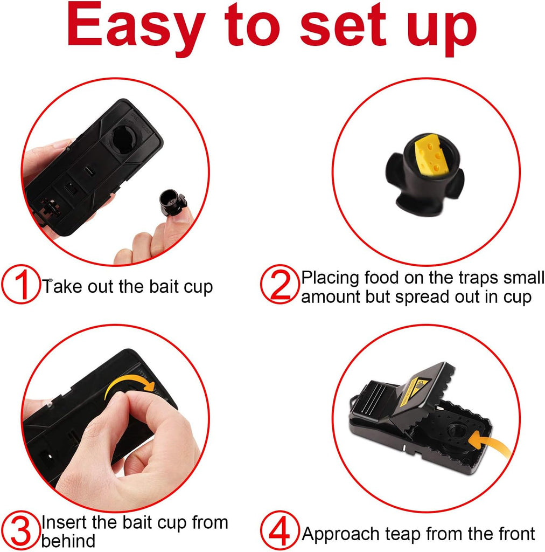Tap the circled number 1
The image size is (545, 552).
tap(20, 285)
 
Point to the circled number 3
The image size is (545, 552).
tap(20, 530)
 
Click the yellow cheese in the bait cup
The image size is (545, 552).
tap(431, 154)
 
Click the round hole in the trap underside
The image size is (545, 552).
tap(124, 140)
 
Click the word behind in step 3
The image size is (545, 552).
tap(68, 540)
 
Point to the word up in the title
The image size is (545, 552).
tap(442, 30)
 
